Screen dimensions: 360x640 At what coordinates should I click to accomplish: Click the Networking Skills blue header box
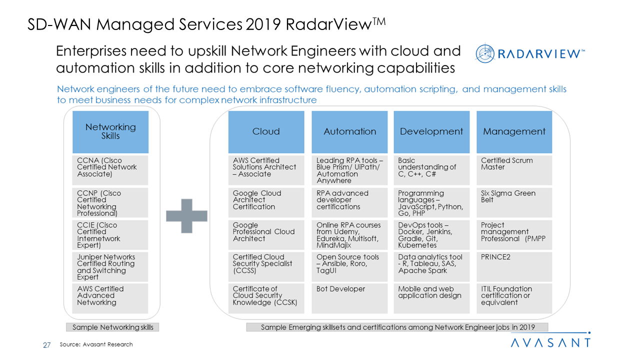click(110, 132)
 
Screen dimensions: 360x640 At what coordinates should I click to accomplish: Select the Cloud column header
click(266, 132)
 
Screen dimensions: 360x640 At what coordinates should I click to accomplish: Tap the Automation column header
click(349, 132)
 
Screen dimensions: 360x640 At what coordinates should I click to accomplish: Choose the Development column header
click(431, 132)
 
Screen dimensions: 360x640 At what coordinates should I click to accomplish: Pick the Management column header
click(514, 132)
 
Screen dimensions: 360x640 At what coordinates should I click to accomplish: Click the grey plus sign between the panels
click(186, 215)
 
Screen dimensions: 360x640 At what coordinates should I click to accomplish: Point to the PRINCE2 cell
click(514, 266)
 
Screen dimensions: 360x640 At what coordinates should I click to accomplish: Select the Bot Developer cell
click(349, 298)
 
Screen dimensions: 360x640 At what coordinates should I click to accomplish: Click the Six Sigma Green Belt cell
click(514, 202)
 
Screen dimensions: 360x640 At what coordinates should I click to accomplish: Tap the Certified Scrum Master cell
click(514, 170)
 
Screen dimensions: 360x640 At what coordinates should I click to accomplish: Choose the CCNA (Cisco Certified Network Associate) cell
click(110, 170)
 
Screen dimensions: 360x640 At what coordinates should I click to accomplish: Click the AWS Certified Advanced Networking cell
click(110, 298)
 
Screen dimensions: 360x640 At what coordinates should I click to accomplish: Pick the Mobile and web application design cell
click(431, 298)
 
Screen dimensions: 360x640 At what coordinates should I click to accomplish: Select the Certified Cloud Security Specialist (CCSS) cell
click(266, 266)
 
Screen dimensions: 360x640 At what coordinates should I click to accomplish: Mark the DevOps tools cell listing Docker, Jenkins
click(431, 234)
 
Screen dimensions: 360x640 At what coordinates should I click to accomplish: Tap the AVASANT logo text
click(550, 342)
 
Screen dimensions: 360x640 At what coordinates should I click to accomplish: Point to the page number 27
click(47, 344)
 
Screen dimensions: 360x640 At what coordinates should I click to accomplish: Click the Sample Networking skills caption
click(113, 327)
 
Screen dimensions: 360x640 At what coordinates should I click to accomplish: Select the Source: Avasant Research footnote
click(96, 344)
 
